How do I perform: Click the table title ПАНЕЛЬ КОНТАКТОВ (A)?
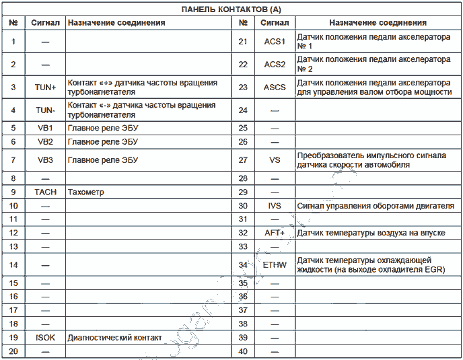click(231, 9)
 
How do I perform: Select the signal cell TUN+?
click(45, 87)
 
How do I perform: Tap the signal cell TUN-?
click(45, 110)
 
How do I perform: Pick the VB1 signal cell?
click(45, 127)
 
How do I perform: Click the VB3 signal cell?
click(45, 159)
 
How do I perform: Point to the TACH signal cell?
click(45, 192)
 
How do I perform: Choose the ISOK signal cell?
click(45, 337)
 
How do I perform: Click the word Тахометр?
click(86, 192)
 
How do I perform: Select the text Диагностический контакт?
click(114, 337)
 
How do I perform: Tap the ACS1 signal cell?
click(275, 42)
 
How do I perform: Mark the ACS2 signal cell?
click(275, 64)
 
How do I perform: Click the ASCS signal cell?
click(275, 87)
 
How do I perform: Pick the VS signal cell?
click(275, 159)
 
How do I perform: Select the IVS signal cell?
click(275, 205)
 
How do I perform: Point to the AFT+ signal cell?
click(275, 232)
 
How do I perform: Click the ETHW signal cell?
click(275, 264)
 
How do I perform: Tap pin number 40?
click(243, 351)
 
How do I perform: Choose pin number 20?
click(13, 351)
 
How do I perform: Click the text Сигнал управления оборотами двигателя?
click(375, 205)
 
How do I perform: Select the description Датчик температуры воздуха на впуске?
click(371, 232)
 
